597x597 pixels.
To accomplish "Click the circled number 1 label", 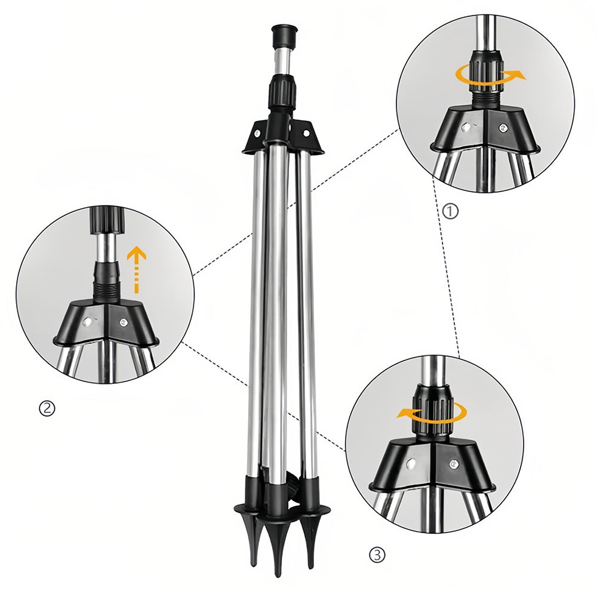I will click(451, 211).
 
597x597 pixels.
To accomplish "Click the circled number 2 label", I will click(47, 408).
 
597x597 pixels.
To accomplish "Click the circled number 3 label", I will click(377, 555).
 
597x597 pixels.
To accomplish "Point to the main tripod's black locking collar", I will click(284, 90).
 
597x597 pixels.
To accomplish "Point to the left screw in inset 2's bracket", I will click(88, 322).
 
